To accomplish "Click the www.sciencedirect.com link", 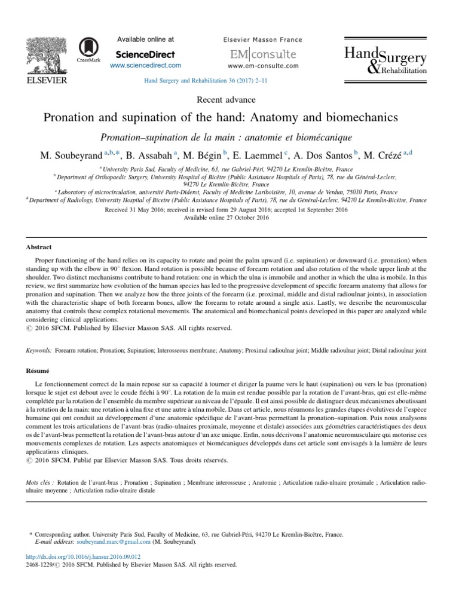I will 145,65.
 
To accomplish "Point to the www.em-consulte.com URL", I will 263,66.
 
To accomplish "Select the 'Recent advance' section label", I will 229,99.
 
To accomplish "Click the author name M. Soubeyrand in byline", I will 71,155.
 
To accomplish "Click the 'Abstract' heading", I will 39,247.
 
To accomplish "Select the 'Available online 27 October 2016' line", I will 229,219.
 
